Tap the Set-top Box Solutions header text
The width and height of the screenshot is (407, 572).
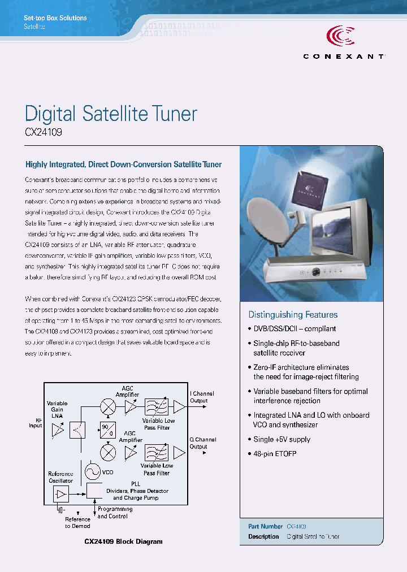[55, 18]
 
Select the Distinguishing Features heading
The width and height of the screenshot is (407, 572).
[293, 315]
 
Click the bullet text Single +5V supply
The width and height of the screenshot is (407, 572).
[282, 439]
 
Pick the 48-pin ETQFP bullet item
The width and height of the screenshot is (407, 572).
[275, 454]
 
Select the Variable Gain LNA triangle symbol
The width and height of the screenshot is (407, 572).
[58, 431]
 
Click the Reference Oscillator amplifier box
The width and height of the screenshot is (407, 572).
[60, 495]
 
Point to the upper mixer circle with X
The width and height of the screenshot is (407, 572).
[107, 406]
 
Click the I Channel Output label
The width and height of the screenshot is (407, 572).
[202, 397]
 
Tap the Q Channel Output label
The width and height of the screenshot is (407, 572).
[202, 443]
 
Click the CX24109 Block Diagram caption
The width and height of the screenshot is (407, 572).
[123, 541]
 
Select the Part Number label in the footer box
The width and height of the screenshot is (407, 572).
[265, 526]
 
